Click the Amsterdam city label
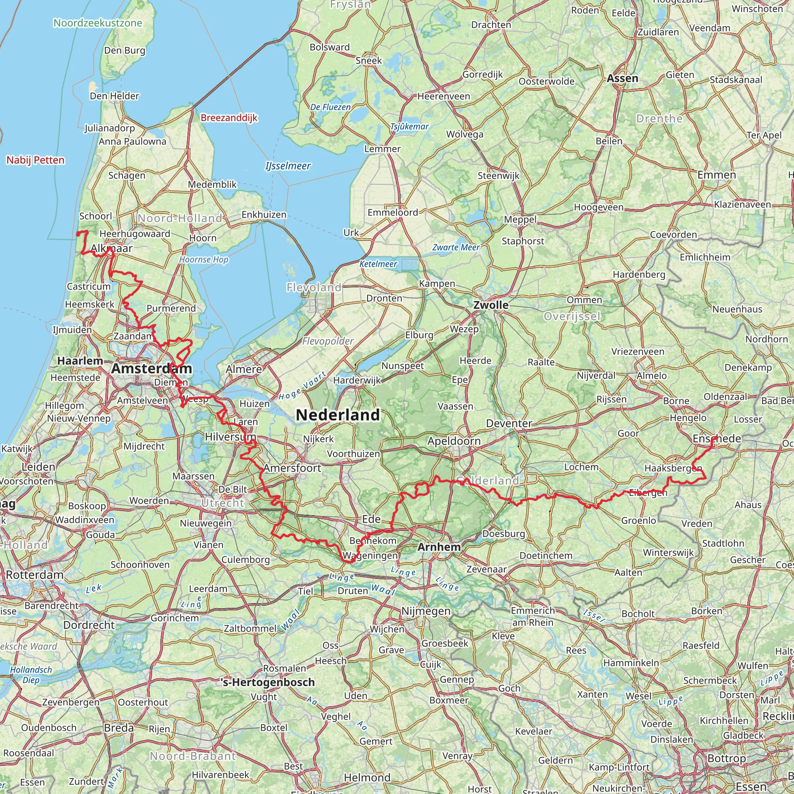pos(151,368)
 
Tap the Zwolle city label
pos(491,305)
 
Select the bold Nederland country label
pos(338,415)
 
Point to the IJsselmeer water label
pos(288,166)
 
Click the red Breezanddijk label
pos(229,118)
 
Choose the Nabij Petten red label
pos(35,160)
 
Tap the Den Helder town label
pos(114,96)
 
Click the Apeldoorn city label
pos(454,441)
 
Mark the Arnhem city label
pos(439,547)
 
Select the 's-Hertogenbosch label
pos(268,683)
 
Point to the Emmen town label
pos(717,175)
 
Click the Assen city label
pos(623,78)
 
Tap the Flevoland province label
pos(314,287)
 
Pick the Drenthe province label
pos(659,119)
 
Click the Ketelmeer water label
pos(378,264)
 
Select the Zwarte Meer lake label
pos(456,247)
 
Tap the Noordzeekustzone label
pos(98,23)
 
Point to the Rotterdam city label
pos(35,575)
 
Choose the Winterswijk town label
pos(668,552)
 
